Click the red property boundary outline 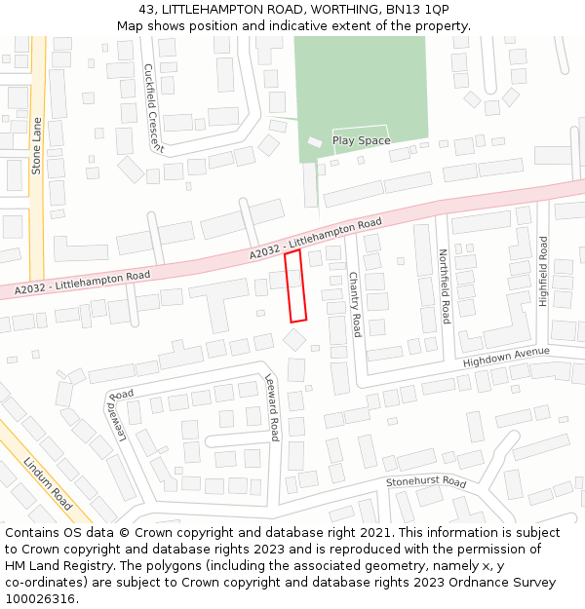coord(295,285)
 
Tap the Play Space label coord(361,140)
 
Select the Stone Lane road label coord(37,146)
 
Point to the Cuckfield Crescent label coord(154,107)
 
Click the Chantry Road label coord(355,304)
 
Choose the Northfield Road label coord(445,285)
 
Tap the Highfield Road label coord(544,271)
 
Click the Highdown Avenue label coord(506,357)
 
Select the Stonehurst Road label coord(426,481)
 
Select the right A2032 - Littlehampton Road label coord(315,240)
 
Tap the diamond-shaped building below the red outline coord(293,338)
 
